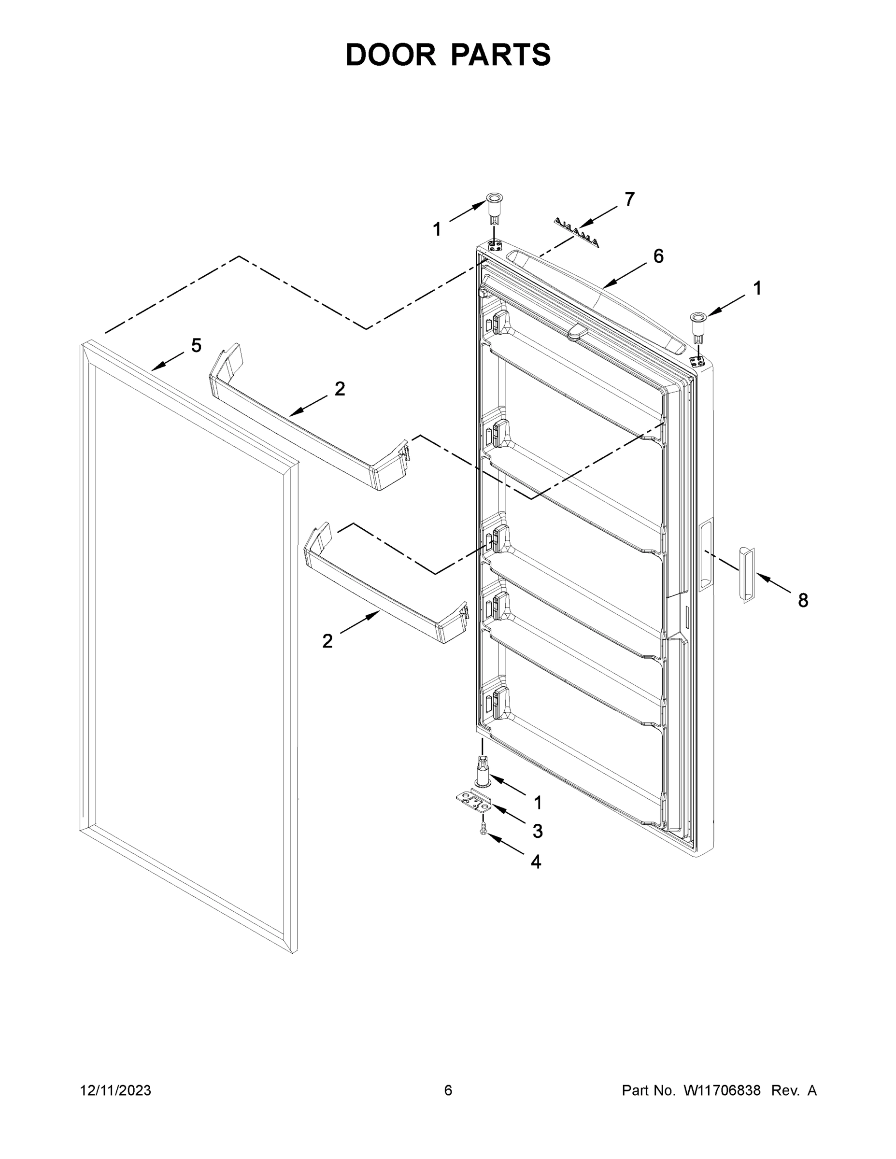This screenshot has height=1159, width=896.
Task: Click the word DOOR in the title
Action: point(390,55)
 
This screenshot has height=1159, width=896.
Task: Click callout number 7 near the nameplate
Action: point(629,199)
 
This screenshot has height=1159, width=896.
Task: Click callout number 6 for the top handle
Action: point(658,256)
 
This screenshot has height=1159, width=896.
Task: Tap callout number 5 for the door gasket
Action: point(197,345)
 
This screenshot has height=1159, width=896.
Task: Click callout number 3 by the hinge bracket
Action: point(538,832)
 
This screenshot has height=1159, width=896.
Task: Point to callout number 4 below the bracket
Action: point(536,862)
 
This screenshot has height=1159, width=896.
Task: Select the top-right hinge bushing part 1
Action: point(697,324)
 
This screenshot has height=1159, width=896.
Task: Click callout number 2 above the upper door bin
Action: point(340,389)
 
